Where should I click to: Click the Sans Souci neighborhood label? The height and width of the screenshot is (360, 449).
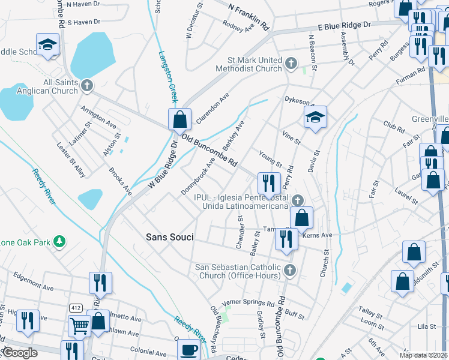[170, 237]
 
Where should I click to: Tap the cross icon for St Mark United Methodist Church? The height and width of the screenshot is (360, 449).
[291, 63]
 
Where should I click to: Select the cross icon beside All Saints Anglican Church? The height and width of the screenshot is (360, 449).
[87, 85]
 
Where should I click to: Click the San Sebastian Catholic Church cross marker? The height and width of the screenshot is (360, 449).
[290, 269]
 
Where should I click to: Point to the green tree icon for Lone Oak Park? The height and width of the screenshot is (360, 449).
[59, 241]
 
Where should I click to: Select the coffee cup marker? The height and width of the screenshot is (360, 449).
[189, 350]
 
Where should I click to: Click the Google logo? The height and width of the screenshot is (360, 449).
[20, 353]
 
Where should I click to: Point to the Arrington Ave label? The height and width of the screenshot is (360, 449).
[98, 116]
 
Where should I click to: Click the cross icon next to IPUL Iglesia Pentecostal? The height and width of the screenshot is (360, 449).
[297, 200]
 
